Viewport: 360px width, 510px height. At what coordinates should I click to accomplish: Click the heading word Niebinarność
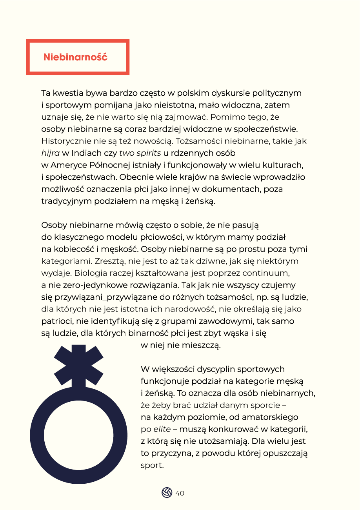tap(75, 57)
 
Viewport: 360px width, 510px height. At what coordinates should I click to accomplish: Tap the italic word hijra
tap(49, 153)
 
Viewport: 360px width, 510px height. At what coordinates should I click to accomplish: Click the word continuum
tap(268, 273)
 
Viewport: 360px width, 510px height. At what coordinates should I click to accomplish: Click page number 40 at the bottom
tap(180, 493)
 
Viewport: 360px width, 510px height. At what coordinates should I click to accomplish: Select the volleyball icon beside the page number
tap(167, 493)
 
